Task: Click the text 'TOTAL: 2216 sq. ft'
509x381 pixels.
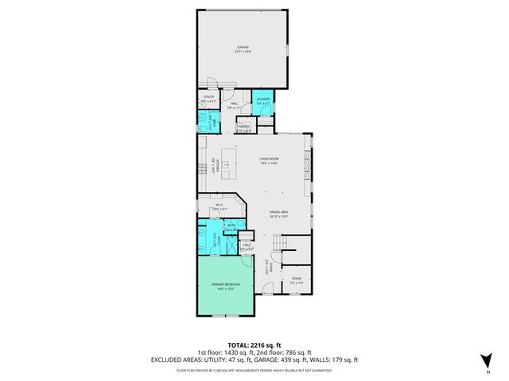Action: pos(254,344)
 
